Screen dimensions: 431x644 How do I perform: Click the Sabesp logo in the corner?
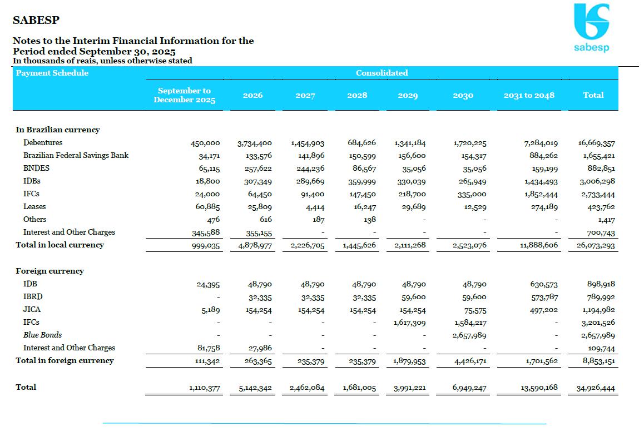[591, 27]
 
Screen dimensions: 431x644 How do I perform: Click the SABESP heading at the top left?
[36, 21]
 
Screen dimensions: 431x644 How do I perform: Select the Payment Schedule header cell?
[52, 73]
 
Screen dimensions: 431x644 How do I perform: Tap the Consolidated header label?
[382, 73]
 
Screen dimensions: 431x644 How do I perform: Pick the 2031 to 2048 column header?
[529, 95]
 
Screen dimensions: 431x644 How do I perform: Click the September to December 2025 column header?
[184, 95]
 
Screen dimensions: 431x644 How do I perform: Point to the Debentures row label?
[43, 143]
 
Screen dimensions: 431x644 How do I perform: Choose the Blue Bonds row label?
[42, 335]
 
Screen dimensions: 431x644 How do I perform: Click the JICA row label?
[32, 310]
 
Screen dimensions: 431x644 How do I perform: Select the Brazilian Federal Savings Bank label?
[76, 156]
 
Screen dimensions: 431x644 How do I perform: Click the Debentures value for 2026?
[254, 143]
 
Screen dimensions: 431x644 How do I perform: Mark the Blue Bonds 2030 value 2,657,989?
[470, 335]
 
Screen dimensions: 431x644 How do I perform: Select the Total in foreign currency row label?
[65, 360]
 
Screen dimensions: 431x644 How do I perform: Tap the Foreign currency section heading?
[49, 271]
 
